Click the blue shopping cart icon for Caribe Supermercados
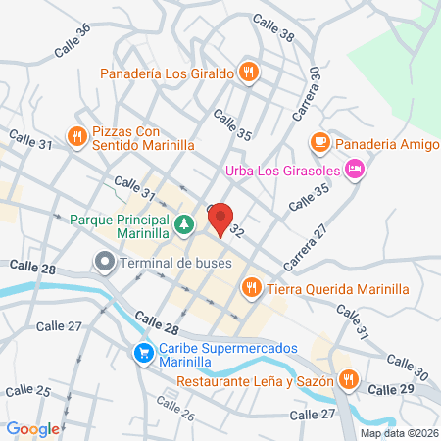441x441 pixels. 144,351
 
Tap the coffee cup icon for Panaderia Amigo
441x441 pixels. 319,142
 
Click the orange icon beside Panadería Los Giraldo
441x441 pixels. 250,72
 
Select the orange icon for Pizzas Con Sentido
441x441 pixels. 76,135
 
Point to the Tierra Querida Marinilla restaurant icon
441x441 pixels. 252,287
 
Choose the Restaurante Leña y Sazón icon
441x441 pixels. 348,378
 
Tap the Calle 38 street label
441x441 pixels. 272,26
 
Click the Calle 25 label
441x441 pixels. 29,391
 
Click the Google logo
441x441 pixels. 33,428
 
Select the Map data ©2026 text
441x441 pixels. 398,432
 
